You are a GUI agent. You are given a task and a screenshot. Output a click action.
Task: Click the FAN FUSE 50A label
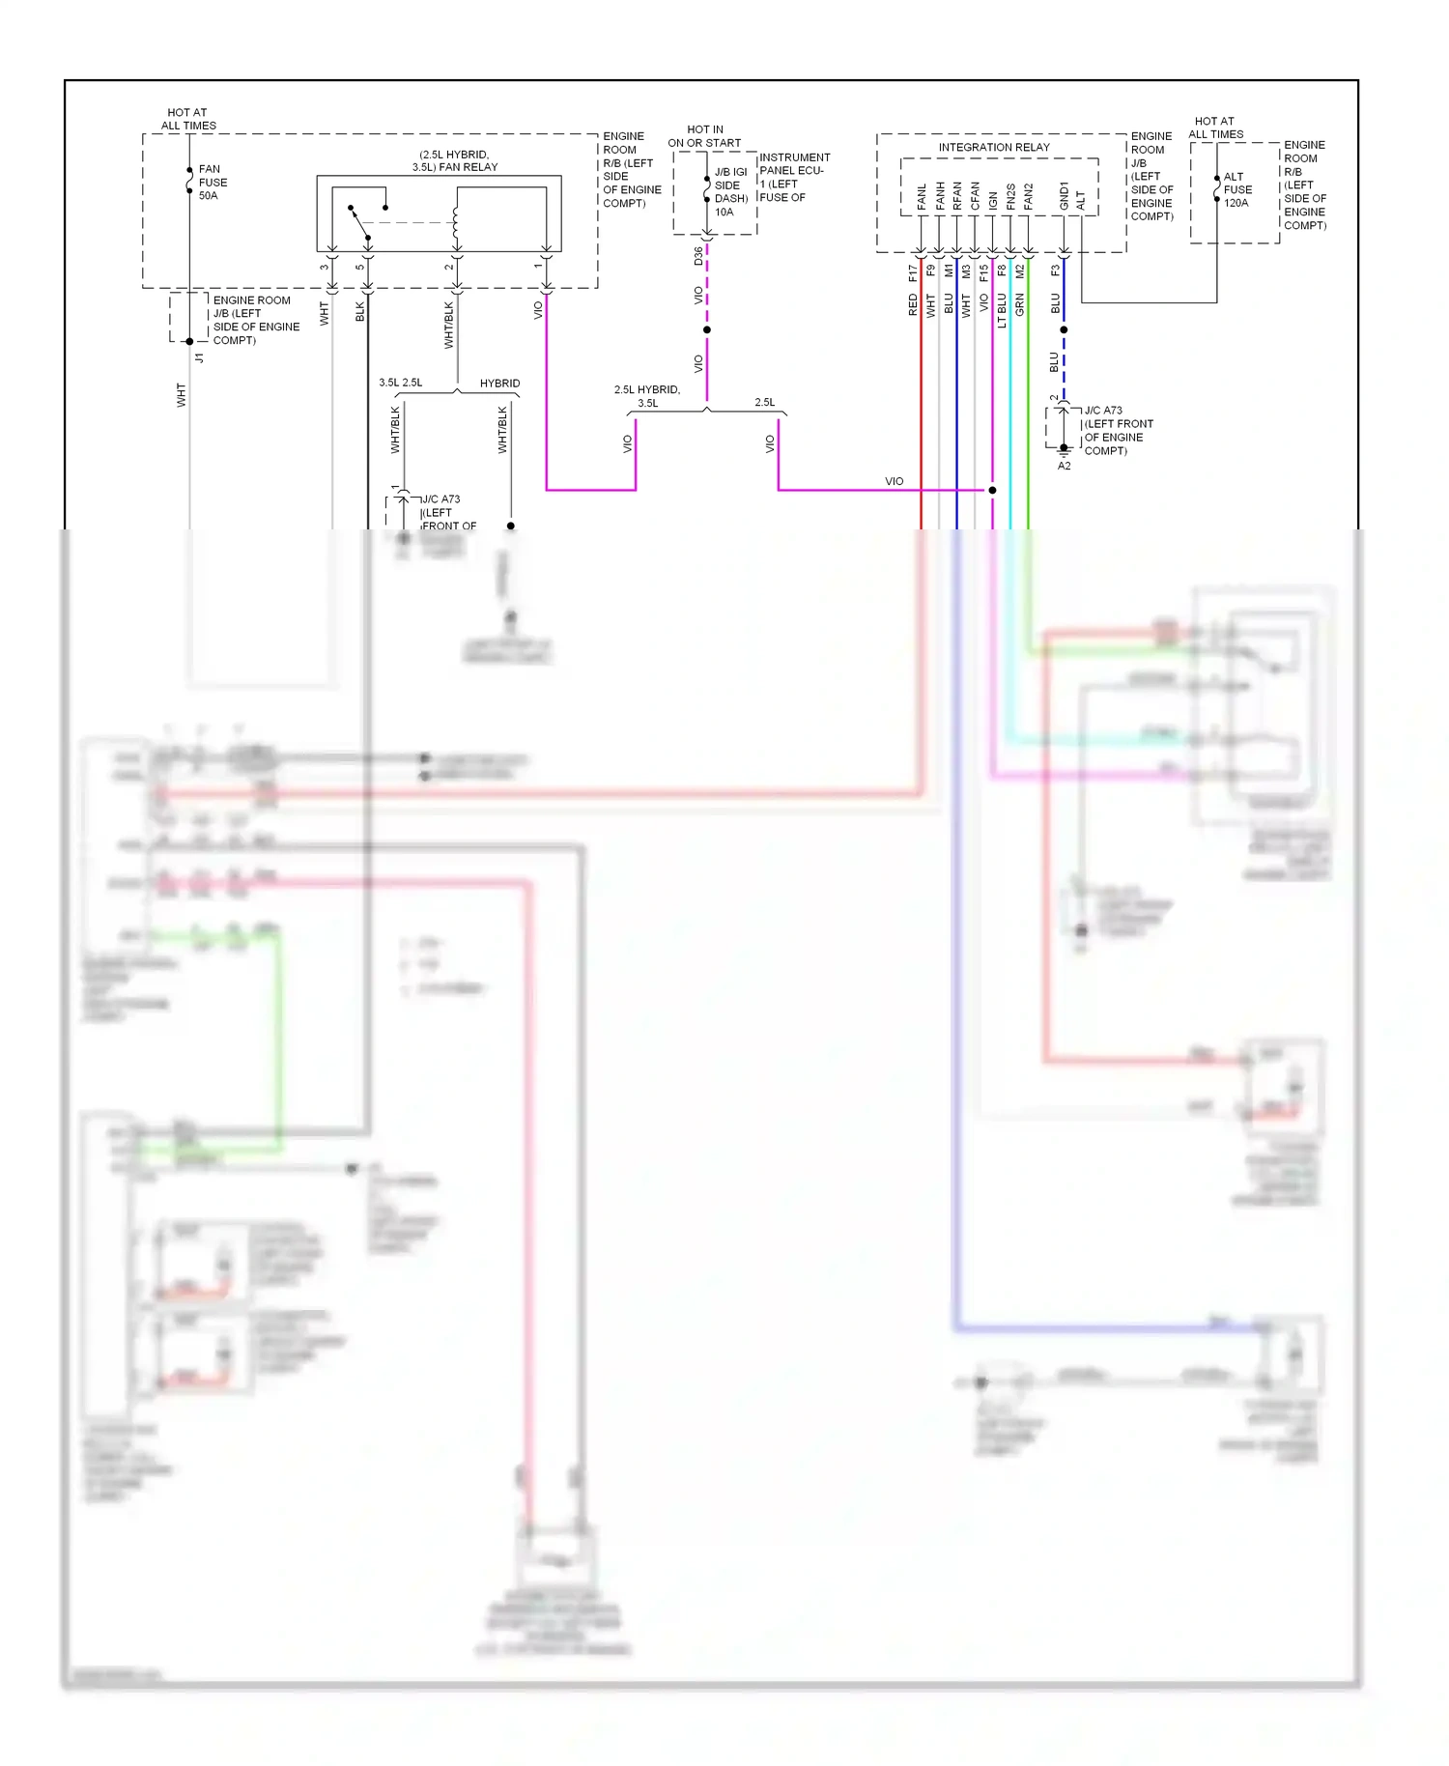(x=213, y=182)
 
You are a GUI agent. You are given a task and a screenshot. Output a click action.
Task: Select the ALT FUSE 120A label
(x=1237, y=189)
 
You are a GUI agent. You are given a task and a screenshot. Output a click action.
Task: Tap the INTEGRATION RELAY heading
(x=993, y=147)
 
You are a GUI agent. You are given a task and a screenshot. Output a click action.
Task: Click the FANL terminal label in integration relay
(x=922, y=196)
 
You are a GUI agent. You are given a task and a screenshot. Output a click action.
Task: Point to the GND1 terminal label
(x=1064, y=195)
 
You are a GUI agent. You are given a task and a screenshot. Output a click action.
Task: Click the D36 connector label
(x=698, y=256)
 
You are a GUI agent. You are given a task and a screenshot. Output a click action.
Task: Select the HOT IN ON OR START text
(x=704, y=136)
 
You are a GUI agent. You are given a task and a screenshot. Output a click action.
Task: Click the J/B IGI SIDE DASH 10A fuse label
(x=730, y=191)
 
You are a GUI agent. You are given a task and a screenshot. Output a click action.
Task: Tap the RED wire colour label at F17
(x=913, y=305)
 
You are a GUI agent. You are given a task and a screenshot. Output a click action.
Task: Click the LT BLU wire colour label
(x=1002, y=310)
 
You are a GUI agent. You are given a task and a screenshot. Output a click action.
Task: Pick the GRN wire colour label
(x=1020, y=304)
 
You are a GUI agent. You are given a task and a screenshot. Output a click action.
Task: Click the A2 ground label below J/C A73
(x=1064, y=466)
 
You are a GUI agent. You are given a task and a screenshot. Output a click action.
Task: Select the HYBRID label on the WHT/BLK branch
(x=499, y=384)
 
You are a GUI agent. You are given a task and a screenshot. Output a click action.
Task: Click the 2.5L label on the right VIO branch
(x=764, y=402)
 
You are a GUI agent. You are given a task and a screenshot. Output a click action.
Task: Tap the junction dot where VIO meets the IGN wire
(x=992, y=490)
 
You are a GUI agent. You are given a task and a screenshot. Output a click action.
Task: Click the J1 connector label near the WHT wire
(x=200, y=357)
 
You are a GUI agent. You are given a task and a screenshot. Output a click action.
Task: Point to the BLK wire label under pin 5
(x=360, y=311)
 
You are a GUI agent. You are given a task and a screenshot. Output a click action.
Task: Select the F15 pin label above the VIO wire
(x=984, y=273)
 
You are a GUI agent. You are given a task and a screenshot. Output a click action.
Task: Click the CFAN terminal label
(x=975, y=196)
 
